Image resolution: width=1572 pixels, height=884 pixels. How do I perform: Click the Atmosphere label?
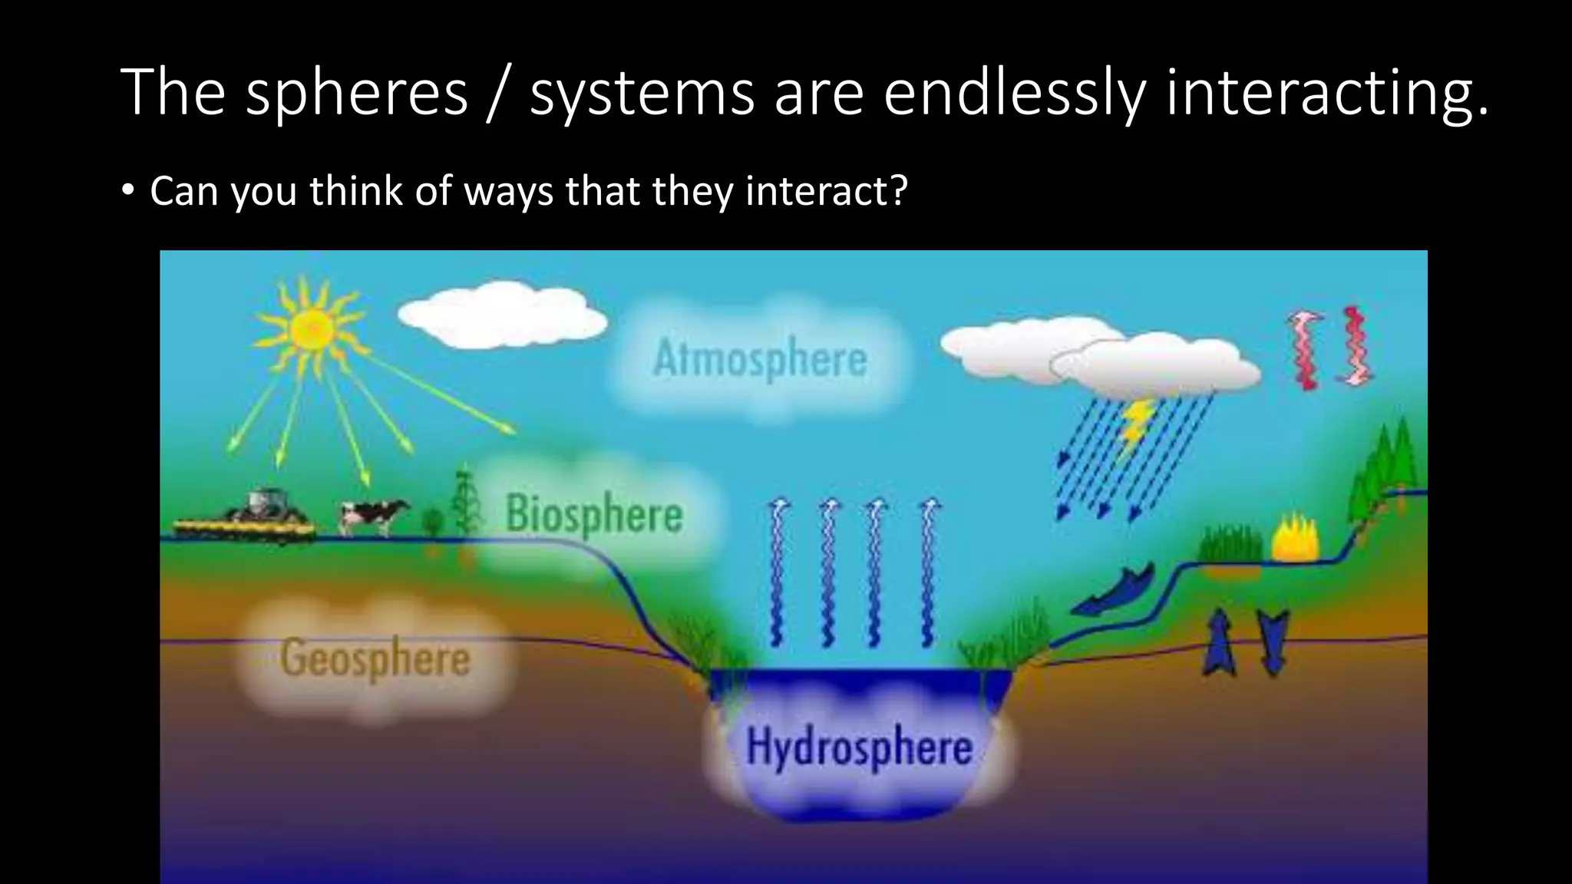759,359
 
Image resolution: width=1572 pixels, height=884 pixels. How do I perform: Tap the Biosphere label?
593,514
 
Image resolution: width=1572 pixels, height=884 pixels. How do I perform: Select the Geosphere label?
375,658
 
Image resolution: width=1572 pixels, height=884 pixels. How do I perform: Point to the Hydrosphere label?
859,747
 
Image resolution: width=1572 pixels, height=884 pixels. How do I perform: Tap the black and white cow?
372,516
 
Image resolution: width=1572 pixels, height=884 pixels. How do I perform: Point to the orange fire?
1294,539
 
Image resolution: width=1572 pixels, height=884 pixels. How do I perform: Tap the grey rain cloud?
1155,366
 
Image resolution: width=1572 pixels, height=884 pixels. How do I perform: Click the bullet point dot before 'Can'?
127,190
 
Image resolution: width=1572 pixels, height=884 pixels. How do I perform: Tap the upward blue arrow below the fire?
1218,642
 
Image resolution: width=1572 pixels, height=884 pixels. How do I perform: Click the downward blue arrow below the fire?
1273,642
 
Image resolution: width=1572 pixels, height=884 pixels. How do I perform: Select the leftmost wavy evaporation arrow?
778,572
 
